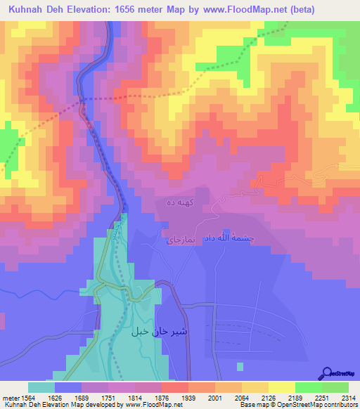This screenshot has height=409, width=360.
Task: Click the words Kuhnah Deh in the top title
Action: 33,9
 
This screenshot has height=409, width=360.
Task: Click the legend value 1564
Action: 28,397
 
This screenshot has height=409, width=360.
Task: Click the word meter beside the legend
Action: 9,397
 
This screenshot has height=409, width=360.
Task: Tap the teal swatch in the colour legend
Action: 41,387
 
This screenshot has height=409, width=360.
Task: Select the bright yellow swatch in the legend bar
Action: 281,387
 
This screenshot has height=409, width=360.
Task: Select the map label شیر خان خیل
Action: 153,330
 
